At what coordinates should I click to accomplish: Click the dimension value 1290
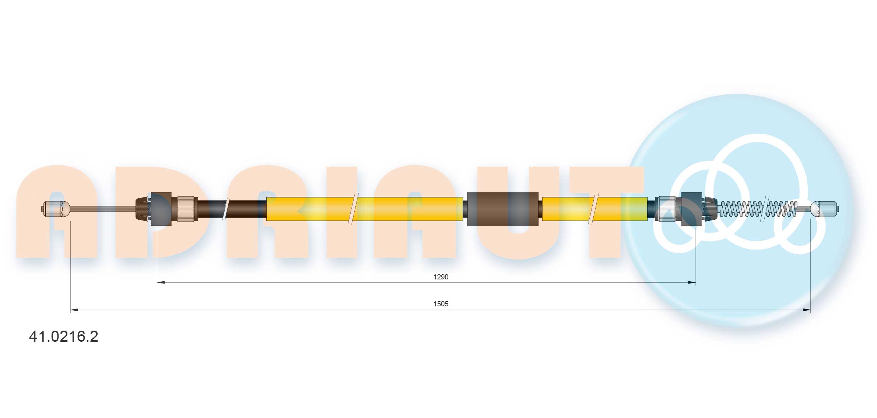point(441,277)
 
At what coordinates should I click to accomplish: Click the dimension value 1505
point(441,304)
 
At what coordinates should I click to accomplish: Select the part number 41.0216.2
point(63,337)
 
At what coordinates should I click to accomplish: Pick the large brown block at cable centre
point(502,209)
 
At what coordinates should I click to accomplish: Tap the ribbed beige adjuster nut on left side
point(186,209)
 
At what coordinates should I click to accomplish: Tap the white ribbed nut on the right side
point(667,209)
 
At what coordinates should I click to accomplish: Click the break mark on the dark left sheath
point(226,209)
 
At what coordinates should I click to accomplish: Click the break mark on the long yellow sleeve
point(353,209)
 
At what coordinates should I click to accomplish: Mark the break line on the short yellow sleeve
point(593,209)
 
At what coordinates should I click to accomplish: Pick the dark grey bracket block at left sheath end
point(161,209)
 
